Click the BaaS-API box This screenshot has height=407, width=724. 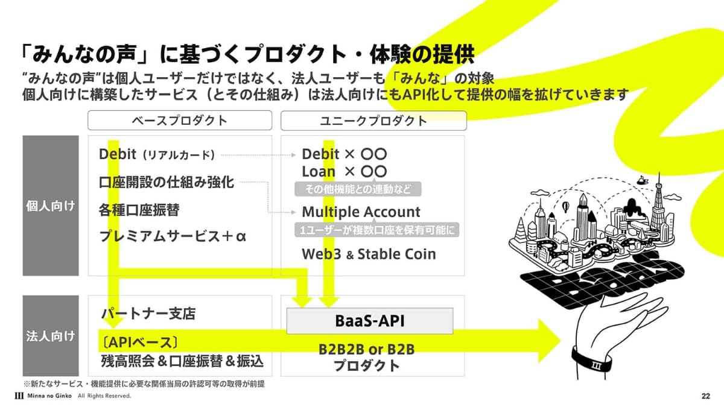coord(370,321)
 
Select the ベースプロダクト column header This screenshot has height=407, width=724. coord(180,121)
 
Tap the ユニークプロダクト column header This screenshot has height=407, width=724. coord(373,121)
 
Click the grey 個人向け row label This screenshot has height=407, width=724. coord(51,206)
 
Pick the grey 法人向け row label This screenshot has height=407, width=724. coord(51,336)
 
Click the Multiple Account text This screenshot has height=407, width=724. coord(361,212)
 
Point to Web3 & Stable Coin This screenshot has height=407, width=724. coord(369,254)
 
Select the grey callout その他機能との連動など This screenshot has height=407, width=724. coord(358,189)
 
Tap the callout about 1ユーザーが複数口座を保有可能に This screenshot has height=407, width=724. coord(377,230)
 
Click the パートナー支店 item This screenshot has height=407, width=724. coord(148,314)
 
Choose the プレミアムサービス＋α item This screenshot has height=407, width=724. coord(173,236)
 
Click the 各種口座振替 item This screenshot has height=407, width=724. coord(139,210)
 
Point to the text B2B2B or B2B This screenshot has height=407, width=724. coord(367,350)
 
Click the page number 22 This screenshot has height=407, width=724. coord(705,396)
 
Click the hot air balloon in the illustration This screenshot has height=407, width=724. coord(565,207)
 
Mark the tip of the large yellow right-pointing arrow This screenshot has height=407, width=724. coord(560,341)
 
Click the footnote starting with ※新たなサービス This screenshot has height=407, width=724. coord(144,383)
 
